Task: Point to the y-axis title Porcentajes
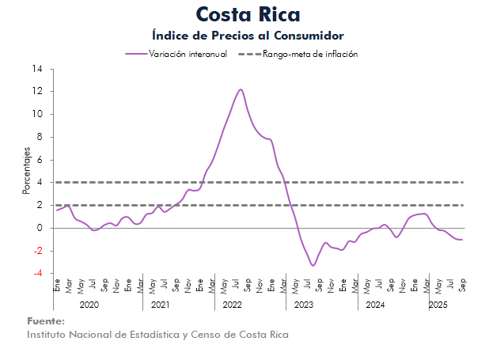(x=26, y=171)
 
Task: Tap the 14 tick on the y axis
(x=38, y=69)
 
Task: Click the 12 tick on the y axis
(x=38, y=92)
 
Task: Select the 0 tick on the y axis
(x=40, y=228)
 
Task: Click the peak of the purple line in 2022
(x=240, y=89)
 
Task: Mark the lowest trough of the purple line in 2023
(x=313, y=265)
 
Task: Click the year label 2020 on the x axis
(x=89, y=305)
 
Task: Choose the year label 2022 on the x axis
(x=232, y=305)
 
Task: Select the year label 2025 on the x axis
(x=438, y=305)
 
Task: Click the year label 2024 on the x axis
(x=375, y=305)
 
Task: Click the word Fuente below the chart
(x=46, y=321)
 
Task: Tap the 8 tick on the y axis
(x=40, y=137)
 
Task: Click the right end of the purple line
(x=462, y=240)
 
